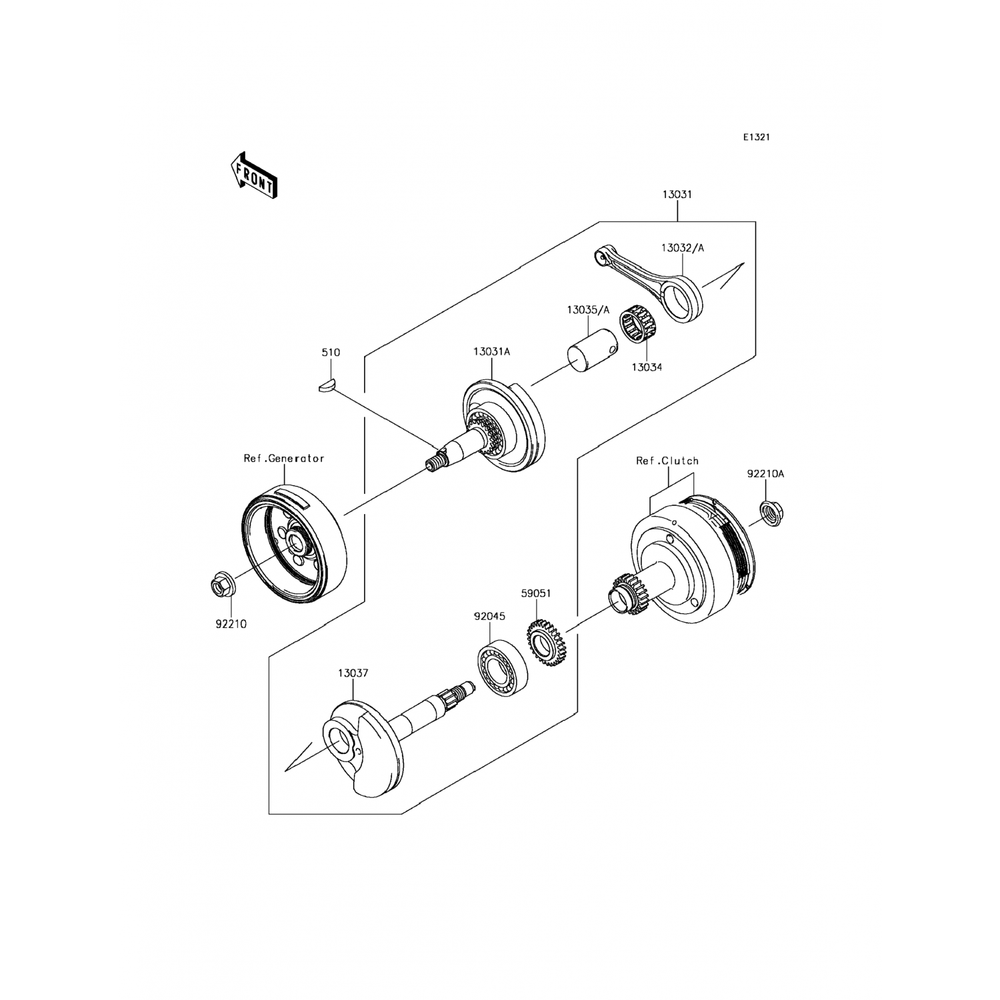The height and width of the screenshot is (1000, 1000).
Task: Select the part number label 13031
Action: coord(677,195)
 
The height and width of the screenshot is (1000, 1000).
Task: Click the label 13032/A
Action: coord(683,248)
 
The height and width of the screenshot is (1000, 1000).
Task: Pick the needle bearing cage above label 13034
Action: coord(639,327)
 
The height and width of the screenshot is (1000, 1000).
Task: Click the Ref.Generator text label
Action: coord(283,458)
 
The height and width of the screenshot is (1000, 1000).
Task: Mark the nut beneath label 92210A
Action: coord(772,512)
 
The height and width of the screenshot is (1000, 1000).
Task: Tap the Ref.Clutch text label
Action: coord(667,461)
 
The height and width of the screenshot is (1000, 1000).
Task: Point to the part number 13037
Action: coord(353,673)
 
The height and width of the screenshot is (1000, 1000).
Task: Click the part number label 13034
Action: coord(647,367)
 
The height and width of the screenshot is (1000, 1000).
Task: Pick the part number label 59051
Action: coord(537,592)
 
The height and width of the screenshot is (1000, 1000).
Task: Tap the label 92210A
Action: coord(765,474)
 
